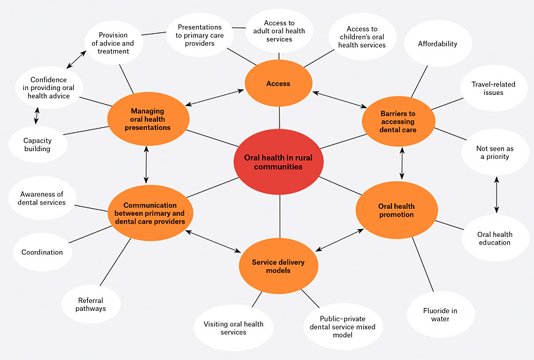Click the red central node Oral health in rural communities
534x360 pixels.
point(278,162)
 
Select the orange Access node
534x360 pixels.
point(278,84)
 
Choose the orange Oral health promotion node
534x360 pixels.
point(396,210)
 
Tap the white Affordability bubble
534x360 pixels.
point(438,44)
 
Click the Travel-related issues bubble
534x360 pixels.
point(493,89)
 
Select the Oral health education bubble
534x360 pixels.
point(495,238)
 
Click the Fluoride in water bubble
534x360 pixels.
point(441,314)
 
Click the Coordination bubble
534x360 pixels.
point(42,252)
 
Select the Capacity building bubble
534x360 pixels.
point(37,144)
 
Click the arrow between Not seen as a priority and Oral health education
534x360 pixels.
point(497,195)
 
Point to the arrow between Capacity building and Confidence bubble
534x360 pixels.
point(37,115)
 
